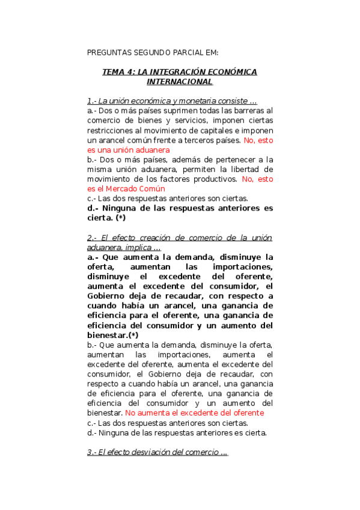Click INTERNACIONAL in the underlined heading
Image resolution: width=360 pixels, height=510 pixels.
(180, 81)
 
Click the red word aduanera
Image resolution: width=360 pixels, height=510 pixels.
(151, 149)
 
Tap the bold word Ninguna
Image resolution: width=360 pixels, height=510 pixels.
(123, 208)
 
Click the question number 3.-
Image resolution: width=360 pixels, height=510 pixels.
(93, 452)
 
